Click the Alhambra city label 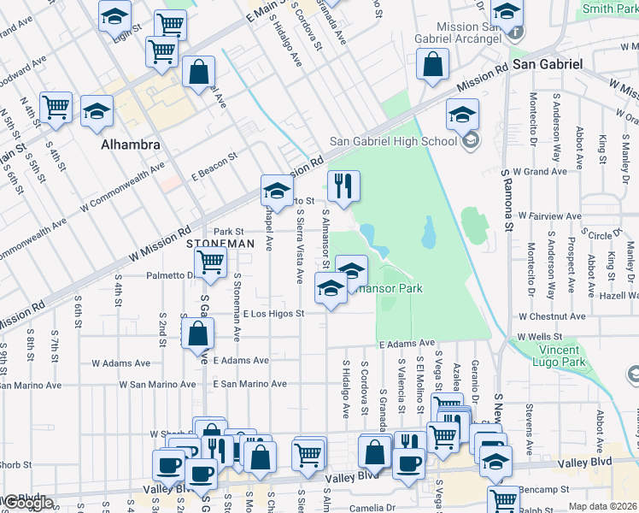pos(131,144)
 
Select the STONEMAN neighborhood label pos(220,244)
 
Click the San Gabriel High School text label pos(394,141)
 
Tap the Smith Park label pos(609,9)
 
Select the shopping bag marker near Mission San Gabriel pos(433,64)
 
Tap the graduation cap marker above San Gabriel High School pos(462,115)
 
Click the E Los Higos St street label pos(273,314)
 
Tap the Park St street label pos(229,231)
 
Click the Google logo pos(28,504)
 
